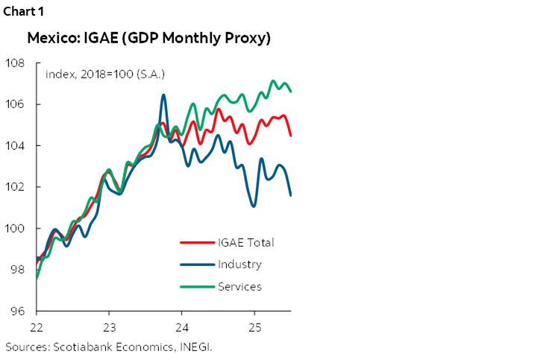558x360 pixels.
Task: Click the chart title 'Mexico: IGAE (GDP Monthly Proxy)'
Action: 149,38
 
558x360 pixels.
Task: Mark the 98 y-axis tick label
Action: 16,270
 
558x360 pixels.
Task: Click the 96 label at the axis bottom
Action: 16,312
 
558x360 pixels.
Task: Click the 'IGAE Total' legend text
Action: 246,242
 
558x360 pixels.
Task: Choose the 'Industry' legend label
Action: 239,264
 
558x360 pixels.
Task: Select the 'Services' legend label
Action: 239,286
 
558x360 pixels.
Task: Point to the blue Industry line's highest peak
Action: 163,95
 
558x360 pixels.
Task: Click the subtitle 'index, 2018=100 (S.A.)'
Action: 105,74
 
